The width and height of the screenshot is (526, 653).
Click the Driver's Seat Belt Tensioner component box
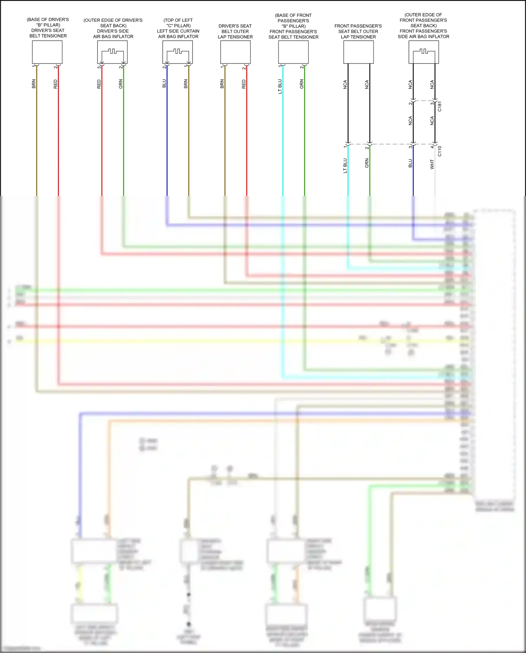click(x=47, y=52)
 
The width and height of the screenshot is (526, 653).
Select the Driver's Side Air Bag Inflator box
click(x=112, y=52)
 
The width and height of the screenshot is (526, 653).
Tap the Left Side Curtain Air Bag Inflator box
click(x=177, y=52)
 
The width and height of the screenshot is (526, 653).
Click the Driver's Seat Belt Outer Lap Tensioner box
click(x=235, y=52)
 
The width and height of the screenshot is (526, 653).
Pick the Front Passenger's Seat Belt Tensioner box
click(x=293, y=52)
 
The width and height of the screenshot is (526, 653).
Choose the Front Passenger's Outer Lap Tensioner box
click(x=358, y=52)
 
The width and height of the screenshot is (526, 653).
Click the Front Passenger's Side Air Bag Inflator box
click(x=424, y=52)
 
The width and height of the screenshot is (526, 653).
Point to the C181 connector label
click(x=440, y=106)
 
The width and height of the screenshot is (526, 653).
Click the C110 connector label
click(x=440, y=151)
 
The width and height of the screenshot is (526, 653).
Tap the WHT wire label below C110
click(x=432, y=164)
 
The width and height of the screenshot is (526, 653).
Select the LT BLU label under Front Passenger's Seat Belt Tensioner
click(x=280, y=86)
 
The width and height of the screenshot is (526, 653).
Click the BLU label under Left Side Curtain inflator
click(x=164, y=84)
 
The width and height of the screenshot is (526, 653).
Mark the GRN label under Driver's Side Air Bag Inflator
click(x=121, y=84)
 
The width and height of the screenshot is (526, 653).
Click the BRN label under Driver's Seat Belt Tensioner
click(x=34, y=84)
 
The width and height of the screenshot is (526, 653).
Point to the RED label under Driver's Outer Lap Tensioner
click(x=244, y=84)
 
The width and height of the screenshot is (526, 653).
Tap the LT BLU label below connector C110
click(x=345, y=166)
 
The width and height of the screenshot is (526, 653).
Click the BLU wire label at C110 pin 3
click(x=410, y=163)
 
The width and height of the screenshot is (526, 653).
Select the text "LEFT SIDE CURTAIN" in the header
click(x=178, y=31)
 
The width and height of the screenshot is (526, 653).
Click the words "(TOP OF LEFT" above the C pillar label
click(x=178, y=20)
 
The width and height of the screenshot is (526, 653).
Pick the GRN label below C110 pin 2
click(x=367, y=163)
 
